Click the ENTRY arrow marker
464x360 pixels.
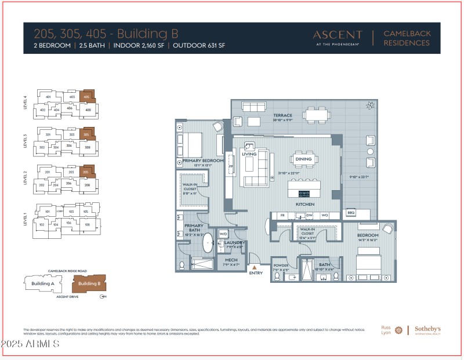click(254, 266)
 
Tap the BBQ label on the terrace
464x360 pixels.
click(350, 212)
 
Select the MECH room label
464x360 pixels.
click(231, 260)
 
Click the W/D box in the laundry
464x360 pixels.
click(223, 234)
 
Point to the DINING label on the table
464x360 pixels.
click(303, 159)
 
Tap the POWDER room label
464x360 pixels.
click(281, 266)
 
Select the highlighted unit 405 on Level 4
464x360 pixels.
click(88, 96)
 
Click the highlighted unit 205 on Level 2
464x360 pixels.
click(86, 172)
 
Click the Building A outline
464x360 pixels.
click(42, 283)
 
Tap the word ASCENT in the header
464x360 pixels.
click(337, 35)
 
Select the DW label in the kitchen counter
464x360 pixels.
click(309, 214)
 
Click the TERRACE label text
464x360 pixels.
click(283, 115)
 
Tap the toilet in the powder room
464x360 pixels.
click(277, 277)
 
